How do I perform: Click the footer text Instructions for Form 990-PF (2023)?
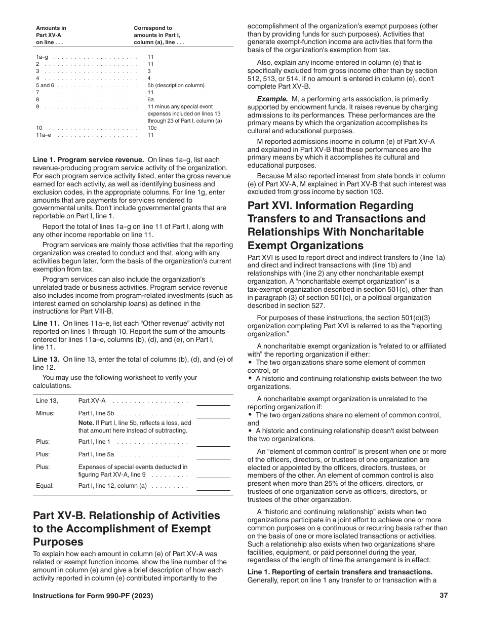click(x=93, y=596)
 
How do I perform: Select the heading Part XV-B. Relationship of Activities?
click(x=127, y=516)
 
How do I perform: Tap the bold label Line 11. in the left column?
click(x=47, y=323)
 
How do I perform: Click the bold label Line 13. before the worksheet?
click(x=47, y=360)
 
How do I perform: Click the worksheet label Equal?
click(x=45, y=486)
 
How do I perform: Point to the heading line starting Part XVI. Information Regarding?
click(x=331, y=206)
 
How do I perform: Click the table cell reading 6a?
click(x=150, y=100)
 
